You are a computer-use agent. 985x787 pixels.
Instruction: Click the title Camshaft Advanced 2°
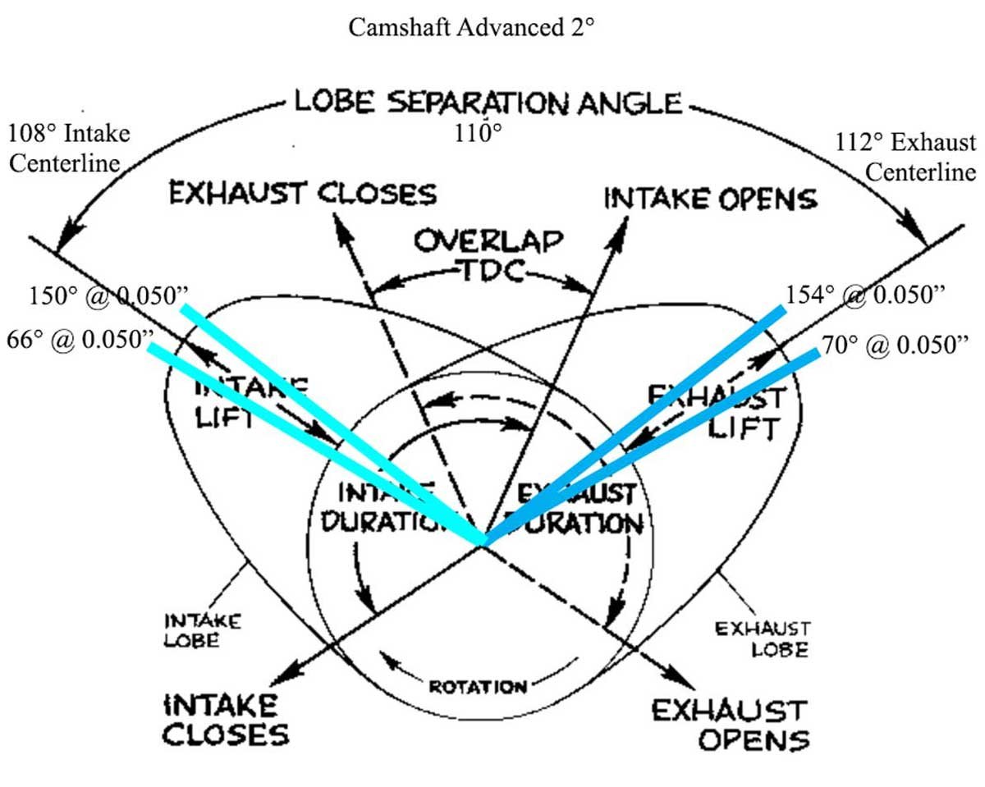pos(470,27)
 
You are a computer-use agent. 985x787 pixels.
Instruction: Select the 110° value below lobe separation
pos(479,133)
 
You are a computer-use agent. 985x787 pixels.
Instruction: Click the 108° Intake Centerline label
pos(69,144)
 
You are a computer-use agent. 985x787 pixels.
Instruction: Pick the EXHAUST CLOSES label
pos(302,194)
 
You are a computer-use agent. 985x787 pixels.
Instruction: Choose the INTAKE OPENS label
pos(711,199)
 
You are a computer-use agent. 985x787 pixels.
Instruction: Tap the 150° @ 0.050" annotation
pos(102,296)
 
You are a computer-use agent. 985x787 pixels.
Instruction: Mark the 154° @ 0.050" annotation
pos(875,295)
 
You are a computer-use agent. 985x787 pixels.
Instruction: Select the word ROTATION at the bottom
pos(478,685)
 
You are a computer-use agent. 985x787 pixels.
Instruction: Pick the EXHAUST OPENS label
pos(730,725)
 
